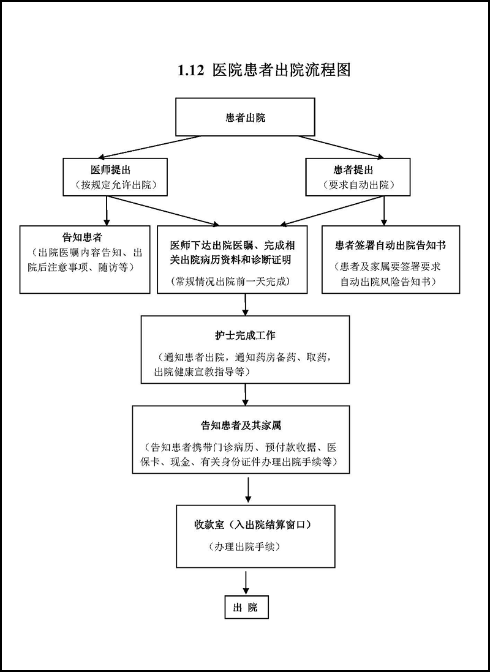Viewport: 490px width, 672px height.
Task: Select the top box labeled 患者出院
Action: pyautogui.click(x=245, y=117)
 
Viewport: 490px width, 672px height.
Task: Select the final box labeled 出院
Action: pyautogui.click(x=245, y=607)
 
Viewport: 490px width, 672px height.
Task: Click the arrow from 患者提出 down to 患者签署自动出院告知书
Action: pyautogui.click(x=383, y=211)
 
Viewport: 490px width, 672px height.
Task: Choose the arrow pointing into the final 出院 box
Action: pyautogui.click(x=245, y=582)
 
